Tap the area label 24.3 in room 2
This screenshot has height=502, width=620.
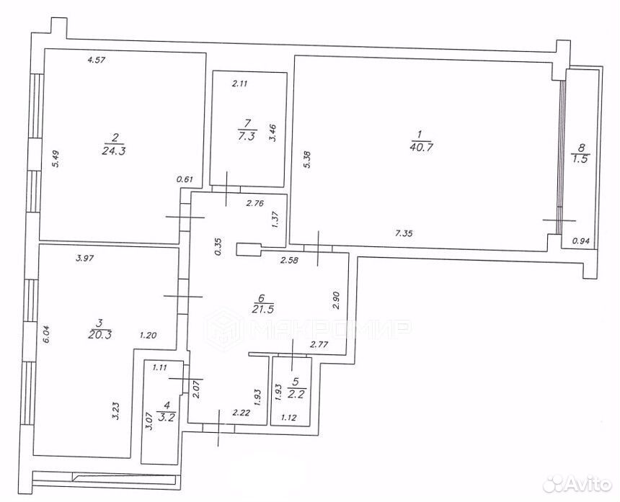tap(113, 151)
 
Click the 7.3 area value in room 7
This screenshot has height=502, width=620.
tap(247, 136)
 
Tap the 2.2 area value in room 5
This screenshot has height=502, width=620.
tap(296, 394)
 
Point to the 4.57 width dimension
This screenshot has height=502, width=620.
tap(97, 60)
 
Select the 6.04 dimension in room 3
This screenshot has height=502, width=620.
tap(46, 334)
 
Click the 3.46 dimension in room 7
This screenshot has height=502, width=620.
tap(273, 133)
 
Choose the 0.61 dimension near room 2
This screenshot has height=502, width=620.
tap(185, 179)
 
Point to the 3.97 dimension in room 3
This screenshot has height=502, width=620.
tap(84, 259)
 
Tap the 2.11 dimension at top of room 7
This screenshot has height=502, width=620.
tap(239, 84)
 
